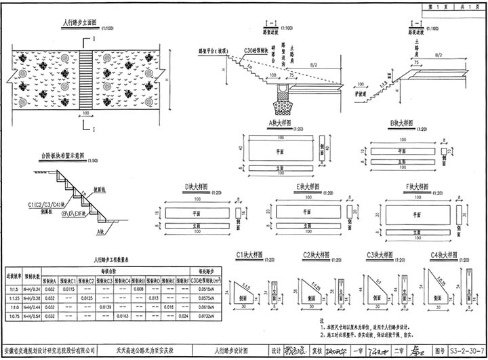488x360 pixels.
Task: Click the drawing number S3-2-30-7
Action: (466, 352)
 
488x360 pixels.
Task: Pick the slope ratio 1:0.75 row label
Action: (13, 316)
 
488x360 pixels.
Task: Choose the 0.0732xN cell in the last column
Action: (207, 316)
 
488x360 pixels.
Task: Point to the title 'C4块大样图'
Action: (443, 256)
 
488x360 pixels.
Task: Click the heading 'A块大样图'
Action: (279, 123)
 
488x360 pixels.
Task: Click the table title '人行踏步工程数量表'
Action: (113, 259)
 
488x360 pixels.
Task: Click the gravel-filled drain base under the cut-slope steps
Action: (281, 107)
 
